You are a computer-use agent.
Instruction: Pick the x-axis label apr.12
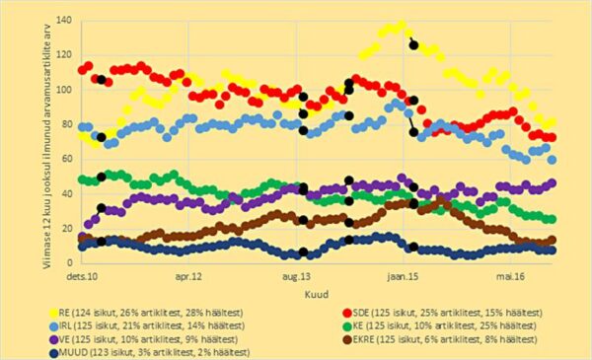click(x=188, y=277)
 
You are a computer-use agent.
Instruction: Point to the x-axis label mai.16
click(x=511, y=277)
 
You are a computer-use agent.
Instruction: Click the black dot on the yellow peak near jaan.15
click(x=414, y=45)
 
